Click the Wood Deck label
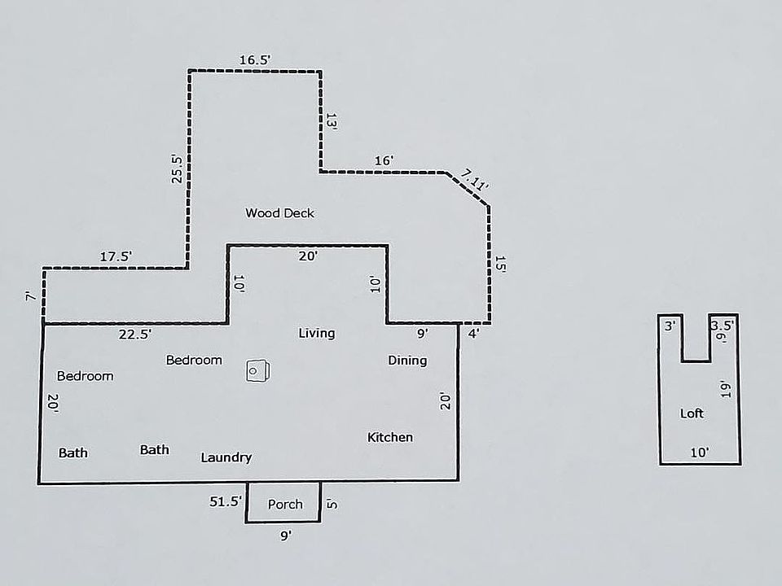click(x=279, y=213)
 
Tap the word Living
click(x=316, y=333)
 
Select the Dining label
click(x=406, y=361)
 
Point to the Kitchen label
click(x=389, y=437)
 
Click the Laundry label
click(x=226, y=457)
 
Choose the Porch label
click(x=285, y=504)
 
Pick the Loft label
click(x=692, y=413)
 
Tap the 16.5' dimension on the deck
click(x=254, y=59)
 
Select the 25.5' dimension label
click(x=177, y=168)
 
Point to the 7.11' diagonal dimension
click(x=474, y=179)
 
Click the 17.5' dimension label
click(x=116, y=256)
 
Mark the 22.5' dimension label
click(x=134, y=334)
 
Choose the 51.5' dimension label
click(x=226, y=502)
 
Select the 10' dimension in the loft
click(x=699, y=453)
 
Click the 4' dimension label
click(x=473, y=332)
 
